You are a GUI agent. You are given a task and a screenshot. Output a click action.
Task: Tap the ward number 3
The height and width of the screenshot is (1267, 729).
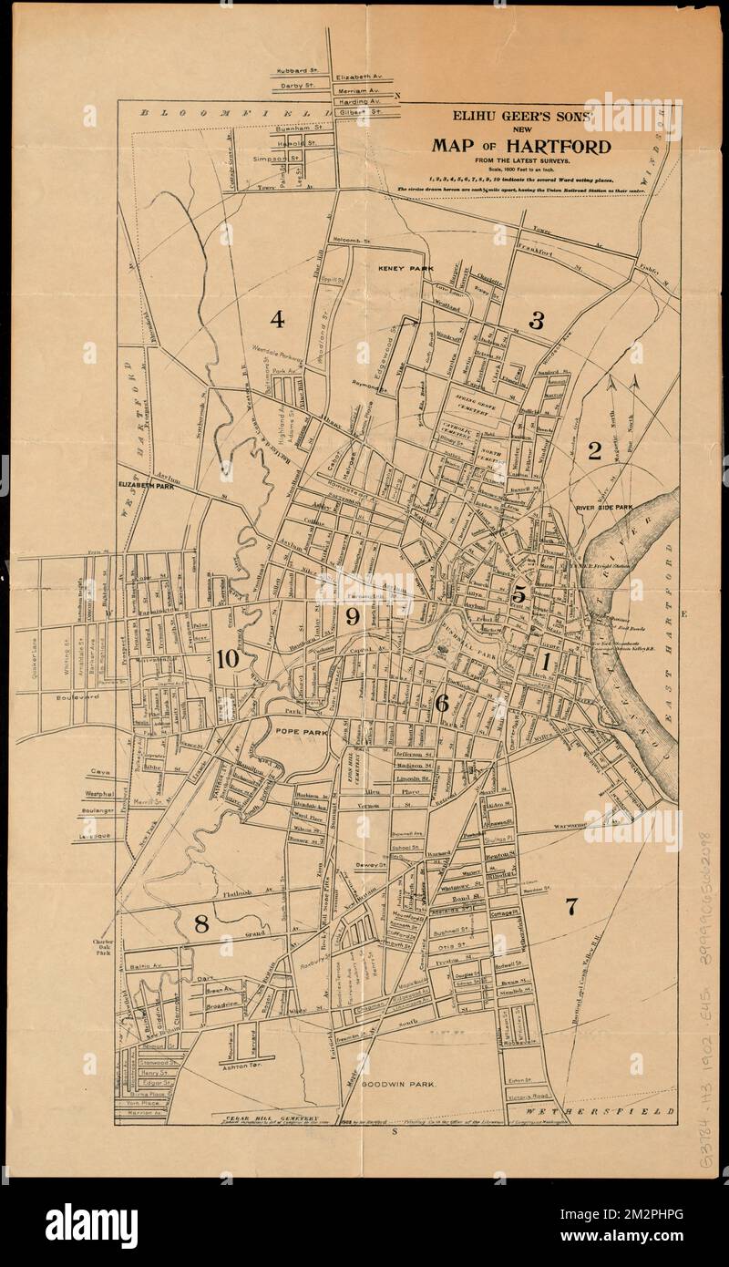tap(537, 320)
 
